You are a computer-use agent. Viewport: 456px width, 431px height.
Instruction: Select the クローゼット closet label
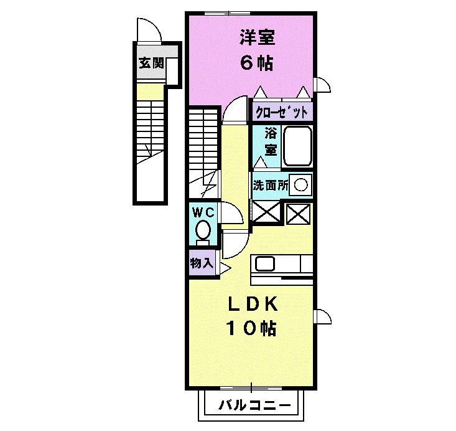[281, 113]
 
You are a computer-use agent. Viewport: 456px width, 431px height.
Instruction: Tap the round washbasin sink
[300, 185]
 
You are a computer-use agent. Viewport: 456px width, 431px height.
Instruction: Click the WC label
[202, 212]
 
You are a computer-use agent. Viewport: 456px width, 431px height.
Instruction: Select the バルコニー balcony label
[255, 406]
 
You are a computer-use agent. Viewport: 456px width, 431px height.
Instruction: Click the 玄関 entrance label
[151, 63]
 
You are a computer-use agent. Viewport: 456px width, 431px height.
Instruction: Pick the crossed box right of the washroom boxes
[297, 214]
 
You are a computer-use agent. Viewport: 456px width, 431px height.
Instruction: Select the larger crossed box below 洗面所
[266, 212]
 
